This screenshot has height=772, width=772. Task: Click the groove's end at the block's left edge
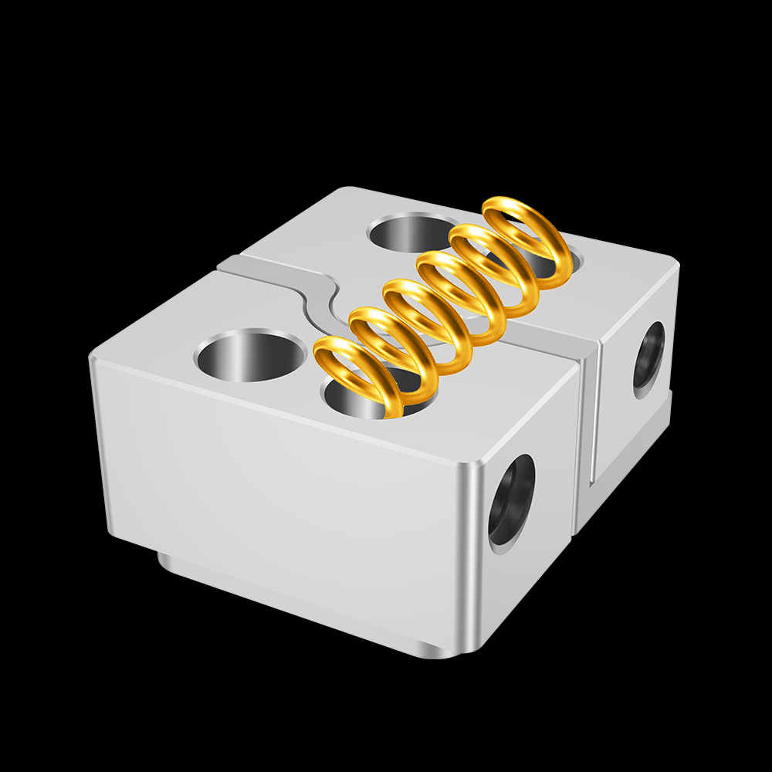pyautogui.click(x=224, y=264)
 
